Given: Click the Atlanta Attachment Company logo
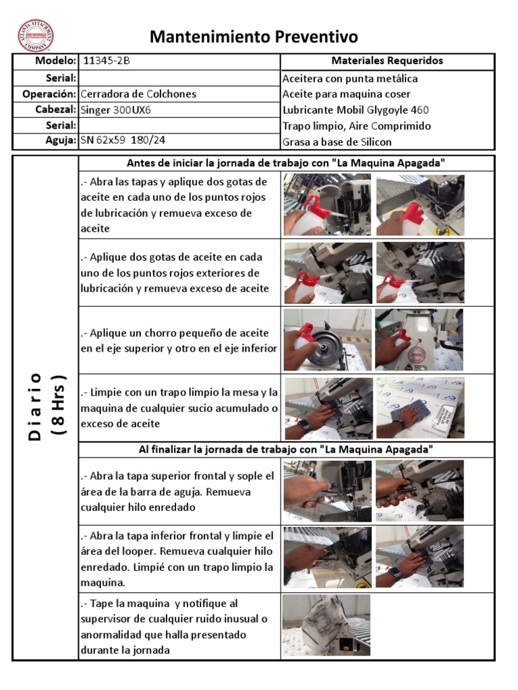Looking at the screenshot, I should click(x=36, y=35).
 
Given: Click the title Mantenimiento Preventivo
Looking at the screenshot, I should click(x=254, y=36).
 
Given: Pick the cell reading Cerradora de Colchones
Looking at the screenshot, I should click(x=138, y=94).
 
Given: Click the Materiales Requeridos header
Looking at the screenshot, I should click(x=387, y=61).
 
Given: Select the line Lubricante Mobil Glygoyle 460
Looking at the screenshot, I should click(x=355, y=110).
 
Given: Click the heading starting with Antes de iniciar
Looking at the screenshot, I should click(x=286, y=163).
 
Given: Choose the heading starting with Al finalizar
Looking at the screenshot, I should click(x=286, y=449).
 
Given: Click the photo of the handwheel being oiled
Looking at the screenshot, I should click(x=327, y=340).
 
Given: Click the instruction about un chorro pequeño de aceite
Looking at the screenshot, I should click(x=179, y=341).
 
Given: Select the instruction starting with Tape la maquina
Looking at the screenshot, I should click(x=173, y=627).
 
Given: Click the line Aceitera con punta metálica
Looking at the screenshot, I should click(x=349, y=78).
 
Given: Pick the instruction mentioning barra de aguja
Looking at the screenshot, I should click(x=177, y=491).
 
